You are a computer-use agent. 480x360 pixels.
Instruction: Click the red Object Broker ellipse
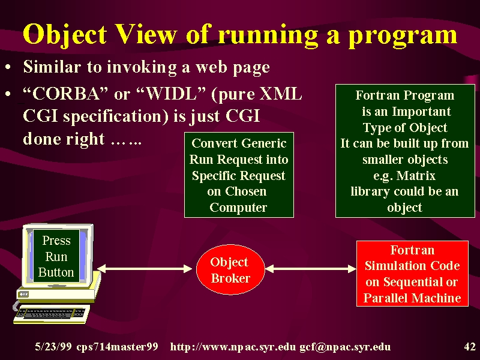(x=230, y=269)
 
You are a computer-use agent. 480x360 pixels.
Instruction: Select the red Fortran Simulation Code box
(x=412, y=274)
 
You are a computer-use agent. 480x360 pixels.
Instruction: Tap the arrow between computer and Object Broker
(x=145, y=269)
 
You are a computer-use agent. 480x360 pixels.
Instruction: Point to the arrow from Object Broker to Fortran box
(x=310, y=269)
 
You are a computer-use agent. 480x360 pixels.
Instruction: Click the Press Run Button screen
(x=56, y=256)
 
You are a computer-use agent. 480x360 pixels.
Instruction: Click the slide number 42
(x=470, y=347)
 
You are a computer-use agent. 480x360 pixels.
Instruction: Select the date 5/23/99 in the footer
(x=53, y=347)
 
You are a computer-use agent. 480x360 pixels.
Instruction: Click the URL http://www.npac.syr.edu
(x=233, y=347)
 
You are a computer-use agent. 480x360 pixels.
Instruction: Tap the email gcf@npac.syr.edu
(x=345, y=347)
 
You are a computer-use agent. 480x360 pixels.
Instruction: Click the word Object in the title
(x=65, y=34)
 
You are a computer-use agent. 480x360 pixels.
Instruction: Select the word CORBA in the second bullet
(x=66, y=94)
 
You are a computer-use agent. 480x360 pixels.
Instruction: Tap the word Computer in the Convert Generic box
(x=238, y=208)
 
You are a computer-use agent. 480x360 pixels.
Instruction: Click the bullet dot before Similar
(x=8, y=67)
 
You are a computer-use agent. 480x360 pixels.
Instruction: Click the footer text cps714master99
(x=117, y=347)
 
